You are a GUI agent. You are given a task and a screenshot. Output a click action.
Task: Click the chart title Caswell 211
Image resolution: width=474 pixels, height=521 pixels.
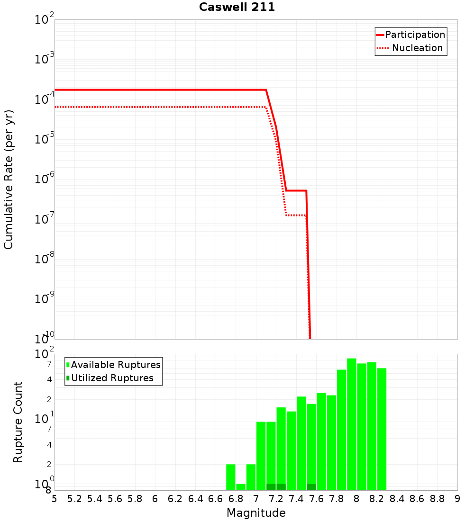click(x=237, y=7)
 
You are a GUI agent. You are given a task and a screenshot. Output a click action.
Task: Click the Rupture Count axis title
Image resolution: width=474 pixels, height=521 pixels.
click(x=18, y=422)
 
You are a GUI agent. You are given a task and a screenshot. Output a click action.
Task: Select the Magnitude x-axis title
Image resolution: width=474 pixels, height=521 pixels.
click(x=256, y=512)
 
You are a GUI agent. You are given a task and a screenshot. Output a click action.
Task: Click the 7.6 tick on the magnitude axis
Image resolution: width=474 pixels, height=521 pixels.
click(x=317, y=498)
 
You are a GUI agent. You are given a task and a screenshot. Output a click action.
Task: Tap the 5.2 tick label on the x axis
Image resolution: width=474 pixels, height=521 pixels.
click(x=74, y=498)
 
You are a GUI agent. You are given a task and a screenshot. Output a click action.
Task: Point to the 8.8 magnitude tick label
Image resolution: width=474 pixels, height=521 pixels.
click(x=437, y=498)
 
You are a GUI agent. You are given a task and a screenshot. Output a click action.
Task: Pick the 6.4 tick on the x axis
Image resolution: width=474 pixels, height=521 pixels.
click(x=195, y=498)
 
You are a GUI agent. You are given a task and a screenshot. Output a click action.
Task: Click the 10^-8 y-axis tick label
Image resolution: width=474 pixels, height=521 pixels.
click(x=45, y=259)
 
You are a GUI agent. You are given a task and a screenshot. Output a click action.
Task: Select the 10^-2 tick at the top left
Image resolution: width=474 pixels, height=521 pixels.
click(x=45, y=20)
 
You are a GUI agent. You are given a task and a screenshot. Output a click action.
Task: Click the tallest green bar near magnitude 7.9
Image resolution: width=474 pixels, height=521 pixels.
click(x=351, y=424)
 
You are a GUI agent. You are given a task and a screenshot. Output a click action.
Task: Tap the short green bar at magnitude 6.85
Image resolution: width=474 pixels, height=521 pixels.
click(x=241, y=487)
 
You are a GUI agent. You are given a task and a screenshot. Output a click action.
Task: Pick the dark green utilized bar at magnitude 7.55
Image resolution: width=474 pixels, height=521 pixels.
click(x=311, y=487)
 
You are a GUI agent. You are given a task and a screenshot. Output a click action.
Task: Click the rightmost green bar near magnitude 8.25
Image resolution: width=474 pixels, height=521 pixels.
click(x=382, y=429)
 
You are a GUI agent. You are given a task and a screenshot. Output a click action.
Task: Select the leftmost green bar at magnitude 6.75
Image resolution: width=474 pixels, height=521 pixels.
click(x=231, y=477)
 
